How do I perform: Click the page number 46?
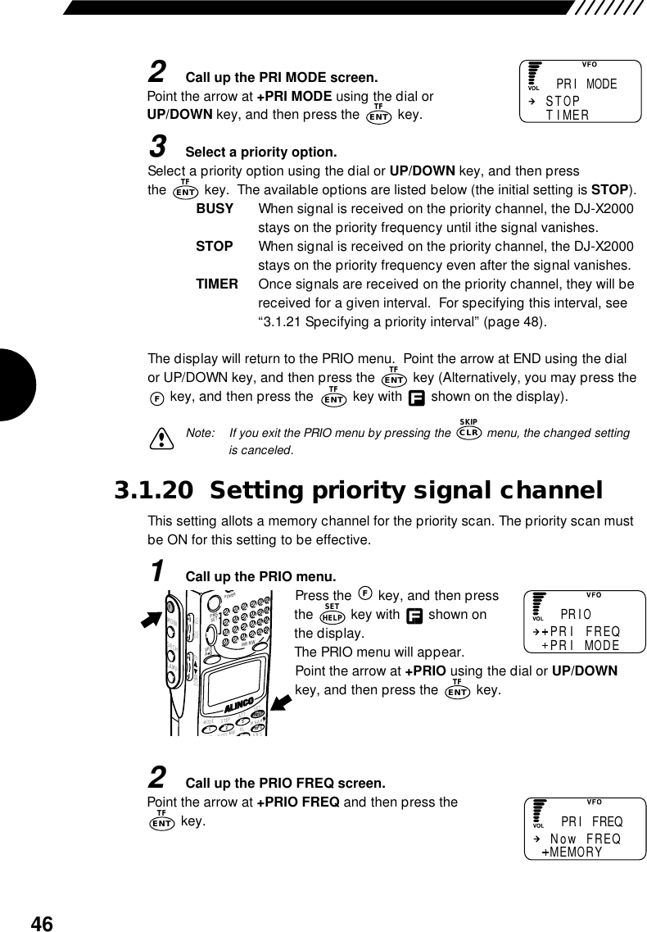(x=41, y=924)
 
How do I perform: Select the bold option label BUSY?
(x=215, y=209)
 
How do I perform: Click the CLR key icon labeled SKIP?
(x=469, y=433)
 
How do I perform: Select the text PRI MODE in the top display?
(x=586, y=84)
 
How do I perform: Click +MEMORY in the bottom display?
(x=572, y=852)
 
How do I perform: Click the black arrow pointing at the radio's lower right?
(x=283, y=702)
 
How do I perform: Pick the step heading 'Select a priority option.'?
(x=261, y=152)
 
